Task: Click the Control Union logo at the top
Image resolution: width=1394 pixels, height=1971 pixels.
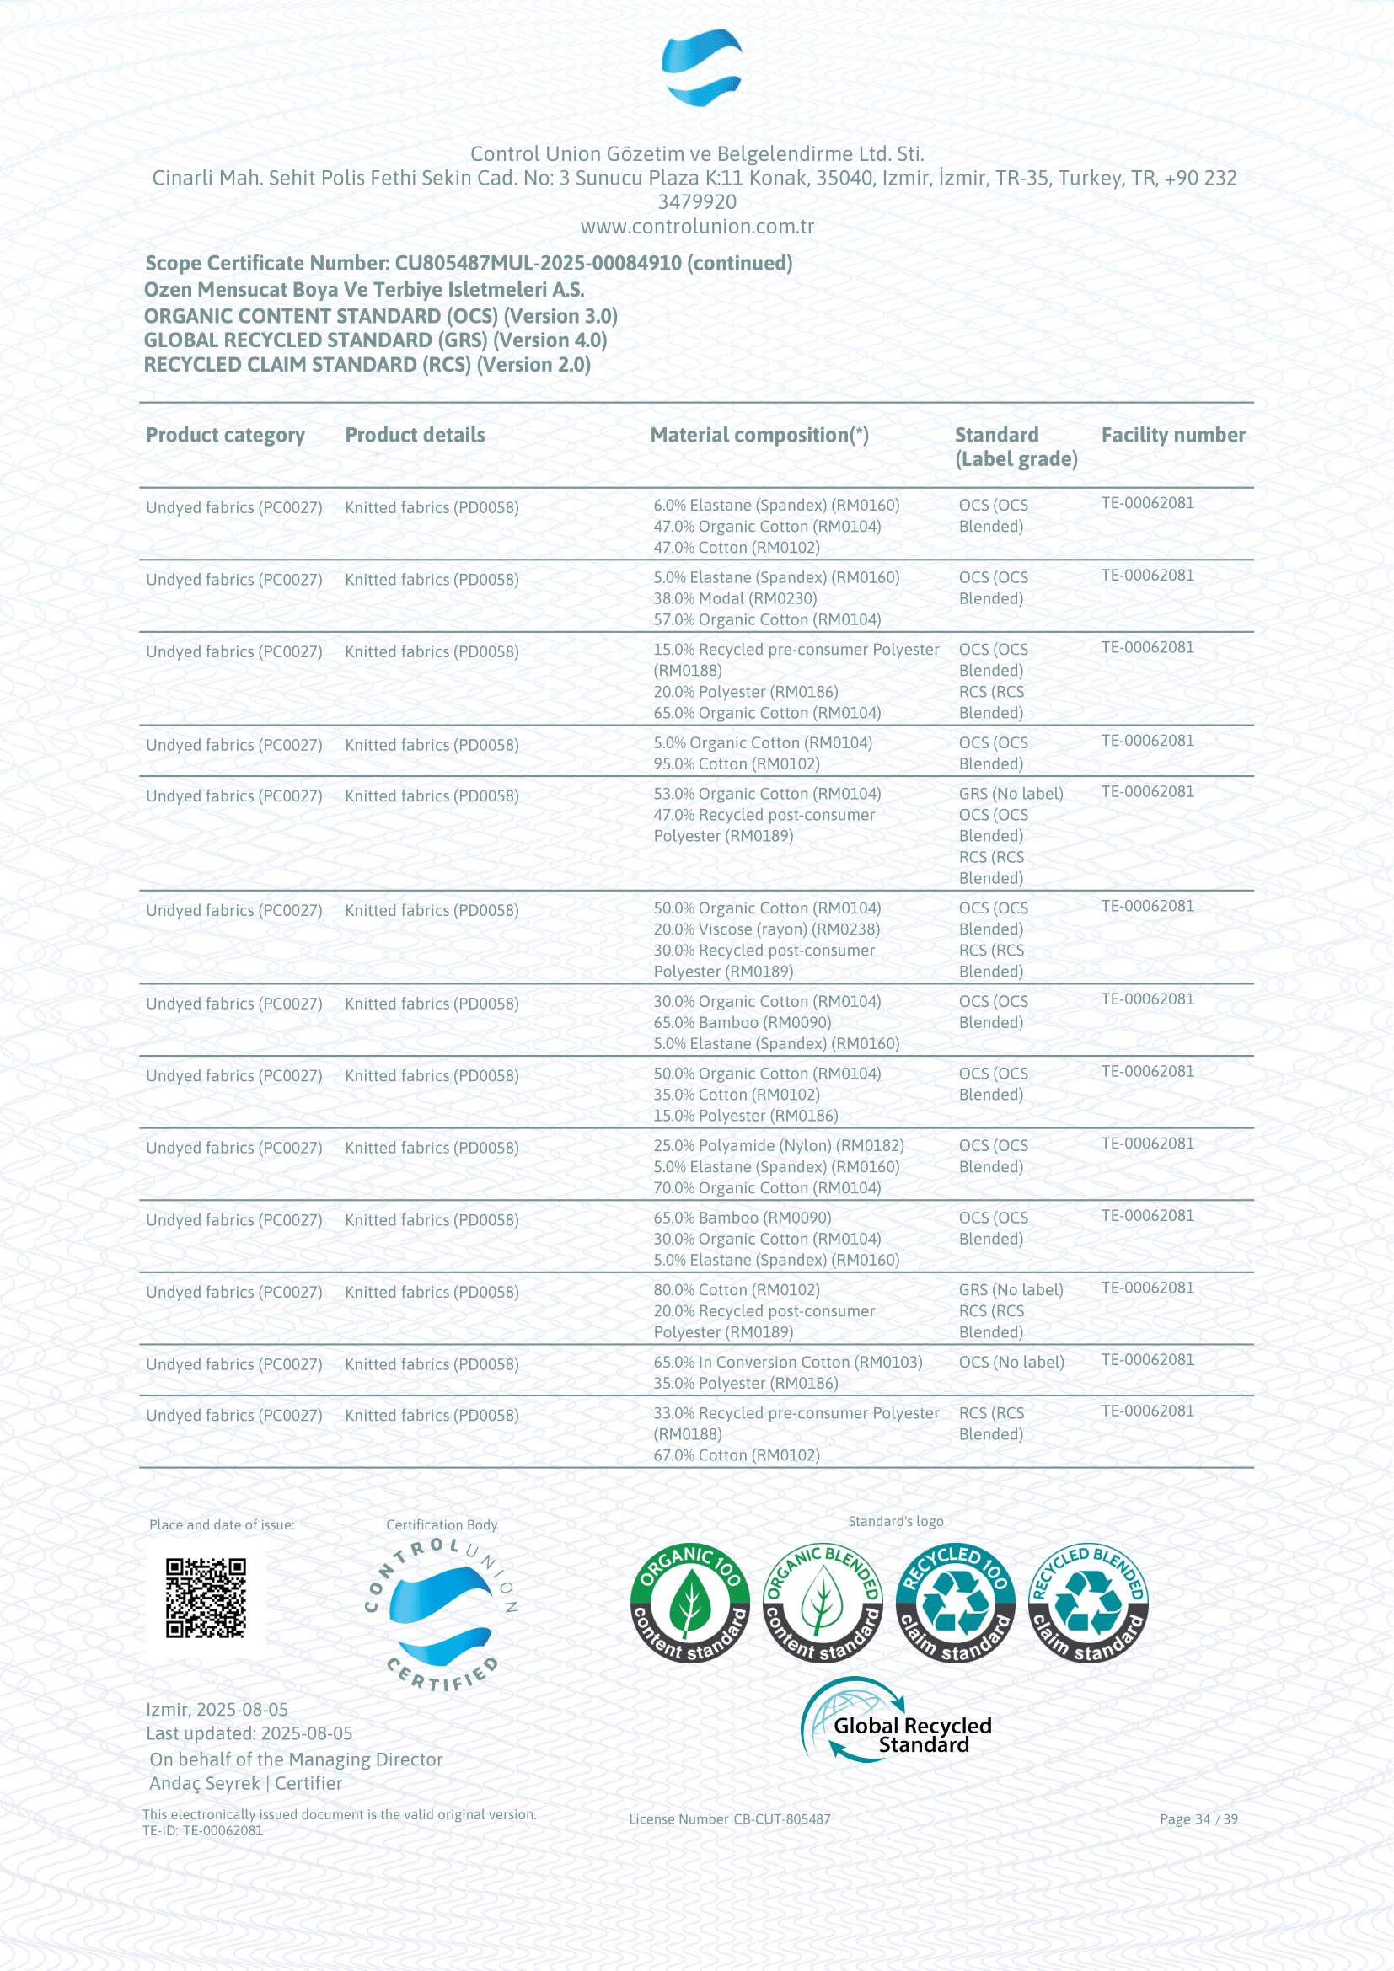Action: pos(701,67)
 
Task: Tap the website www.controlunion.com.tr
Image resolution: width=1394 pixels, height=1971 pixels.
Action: pos(697,227)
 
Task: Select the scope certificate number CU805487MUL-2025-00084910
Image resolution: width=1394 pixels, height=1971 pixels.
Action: pos(539,264)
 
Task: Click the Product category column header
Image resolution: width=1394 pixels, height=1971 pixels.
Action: pos(225,435)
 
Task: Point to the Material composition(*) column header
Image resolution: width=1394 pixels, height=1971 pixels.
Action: pos(759,435)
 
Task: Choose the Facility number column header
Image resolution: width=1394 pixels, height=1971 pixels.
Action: pos(1172,435)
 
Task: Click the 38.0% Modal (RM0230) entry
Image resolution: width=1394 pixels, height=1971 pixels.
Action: pos(735,598)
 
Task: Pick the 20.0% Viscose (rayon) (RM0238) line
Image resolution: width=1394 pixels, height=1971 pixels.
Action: pos(766,929)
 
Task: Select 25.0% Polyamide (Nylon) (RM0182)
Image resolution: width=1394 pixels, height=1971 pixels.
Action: pos(779,1145)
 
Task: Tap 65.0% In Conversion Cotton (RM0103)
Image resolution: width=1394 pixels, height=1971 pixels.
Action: pos(787,1362)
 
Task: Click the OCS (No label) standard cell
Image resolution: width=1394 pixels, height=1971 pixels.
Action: pos(1011,1362)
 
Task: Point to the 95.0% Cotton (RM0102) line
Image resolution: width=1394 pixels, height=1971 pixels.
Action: pos(737,764)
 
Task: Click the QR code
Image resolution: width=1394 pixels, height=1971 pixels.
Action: pos(206,1599)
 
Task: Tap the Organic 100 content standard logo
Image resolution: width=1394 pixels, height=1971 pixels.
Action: pos(689,1603)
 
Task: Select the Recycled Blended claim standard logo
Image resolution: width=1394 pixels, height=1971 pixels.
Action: pos(1087,1603)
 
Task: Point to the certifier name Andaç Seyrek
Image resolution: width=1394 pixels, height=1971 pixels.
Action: pos(204,1784)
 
